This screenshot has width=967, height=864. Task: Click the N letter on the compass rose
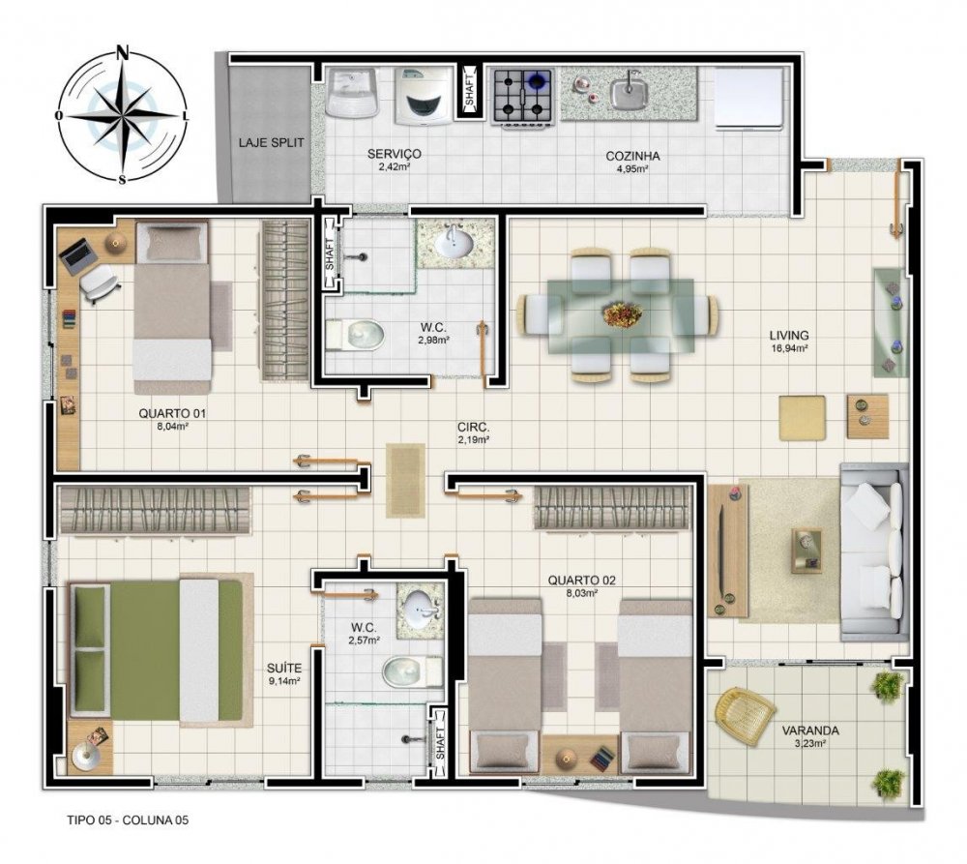124,52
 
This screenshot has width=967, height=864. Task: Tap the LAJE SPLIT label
272,142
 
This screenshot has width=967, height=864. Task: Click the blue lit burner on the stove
538,80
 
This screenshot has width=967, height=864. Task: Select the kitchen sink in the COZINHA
629,91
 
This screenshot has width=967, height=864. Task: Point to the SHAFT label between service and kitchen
470,90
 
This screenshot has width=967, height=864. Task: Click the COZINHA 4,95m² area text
632,162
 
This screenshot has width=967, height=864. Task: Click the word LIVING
789,335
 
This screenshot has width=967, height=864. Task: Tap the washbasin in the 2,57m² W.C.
420,609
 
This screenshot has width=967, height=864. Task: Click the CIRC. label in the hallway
474,427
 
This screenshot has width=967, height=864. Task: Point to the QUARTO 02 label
581,581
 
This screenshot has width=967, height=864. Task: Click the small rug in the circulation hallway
405,480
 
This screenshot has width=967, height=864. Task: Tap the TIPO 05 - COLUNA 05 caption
128,820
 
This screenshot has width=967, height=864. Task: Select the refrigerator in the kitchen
748,99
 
